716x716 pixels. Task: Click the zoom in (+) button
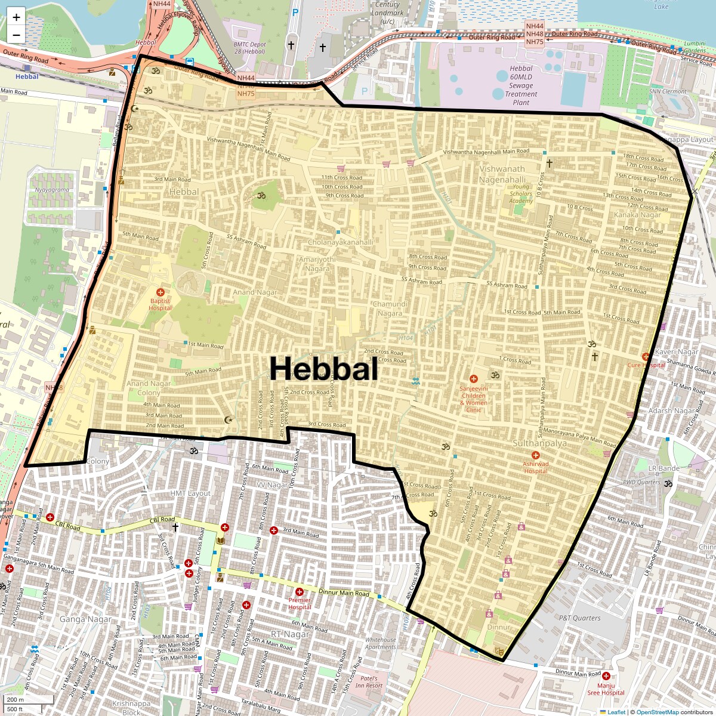pyautogui.click(x=16, y=17)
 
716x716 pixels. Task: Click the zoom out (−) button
pyautogui.click(x=16, y=35)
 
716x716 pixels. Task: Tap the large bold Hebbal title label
pyautogui.click(x=323, y=369)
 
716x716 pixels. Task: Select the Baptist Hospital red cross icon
pyautogui.click(x=160, y=292)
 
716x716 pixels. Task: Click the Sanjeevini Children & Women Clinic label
pyautogui.click(x=473, y=399)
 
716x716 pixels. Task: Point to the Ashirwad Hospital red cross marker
pyautogui.click(x=535, y=455)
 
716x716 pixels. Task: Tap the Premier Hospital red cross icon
pyautogui.click(x=300, y=592)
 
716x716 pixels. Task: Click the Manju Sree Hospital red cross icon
pyautogui.click(x=606, y=676)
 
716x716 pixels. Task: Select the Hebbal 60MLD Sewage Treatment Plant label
pyautogui.click(x=521, y=85)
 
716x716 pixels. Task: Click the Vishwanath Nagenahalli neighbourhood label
pyautogui.click(x=502, y=174)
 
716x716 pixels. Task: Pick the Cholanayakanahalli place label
pyautogui.click(x=340, y=242)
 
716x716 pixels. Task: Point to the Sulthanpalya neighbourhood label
pyautogui.click(x=540, y=443)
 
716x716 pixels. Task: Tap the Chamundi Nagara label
pyautogui.click(x=390, y=308)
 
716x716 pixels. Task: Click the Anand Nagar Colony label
pyautogui.click(x=149, y=388)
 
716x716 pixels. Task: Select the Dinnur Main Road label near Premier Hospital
pyautogui.click(x=344, y=592)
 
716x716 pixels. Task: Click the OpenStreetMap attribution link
pyautogui.click(x=657, y=712)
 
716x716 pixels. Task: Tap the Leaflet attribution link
pyautogui.click(x=616, y=712)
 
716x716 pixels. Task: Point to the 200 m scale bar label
pyautogui.click(x=16, y=700)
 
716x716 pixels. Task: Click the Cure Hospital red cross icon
pyautogui.click(x=646, y=357)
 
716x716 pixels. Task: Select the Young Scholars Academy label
pyautogui.click(x=521, y=194)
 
